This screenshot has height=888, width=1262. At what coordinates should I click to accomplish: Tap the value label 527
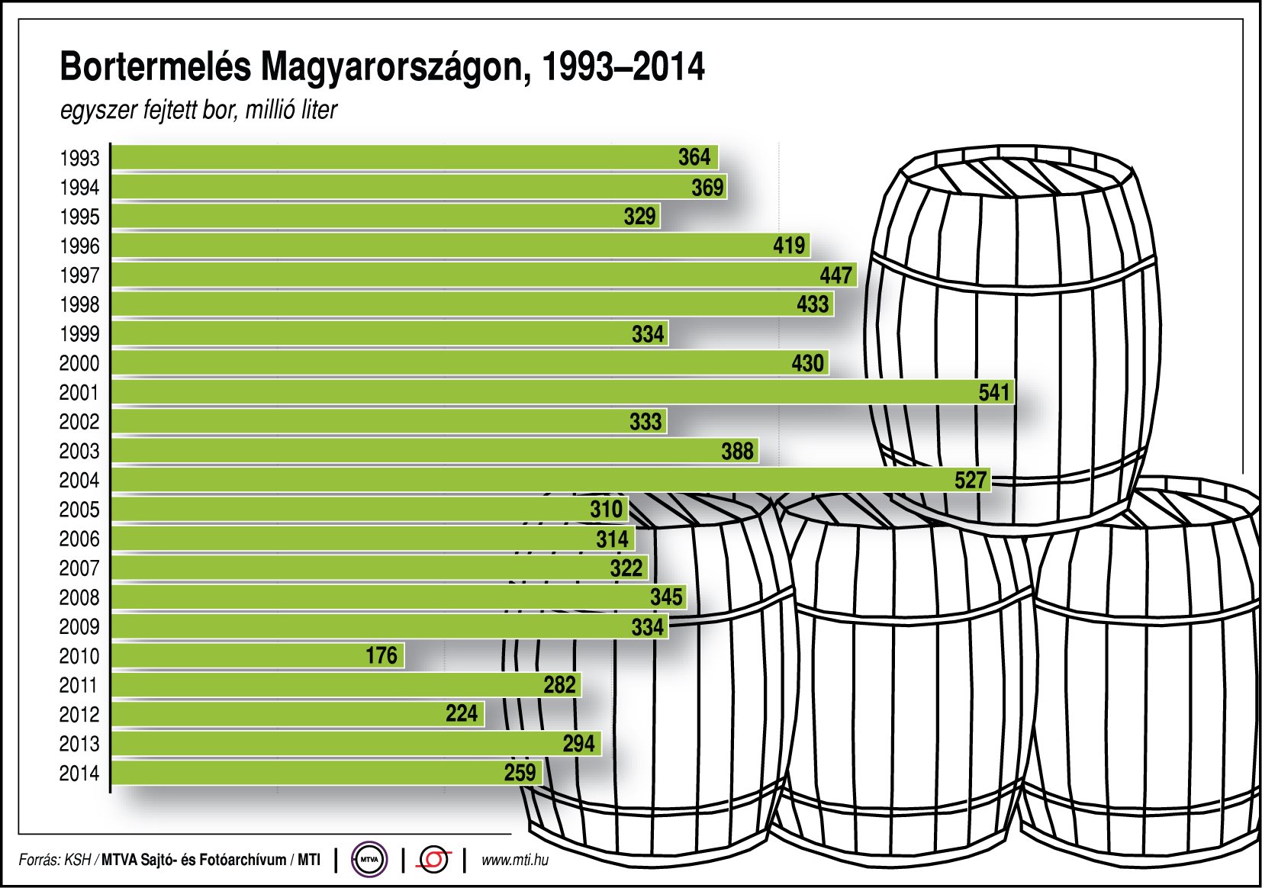coord(971,480)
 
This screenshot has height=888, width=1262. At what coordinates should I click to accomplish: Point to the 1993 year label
coord(79,158)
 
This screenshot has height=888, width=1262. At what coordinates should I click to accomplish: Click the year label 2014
coord(79,773)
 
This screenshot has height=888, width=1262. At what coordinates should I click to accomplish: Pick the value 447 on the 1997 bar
coord(835,275)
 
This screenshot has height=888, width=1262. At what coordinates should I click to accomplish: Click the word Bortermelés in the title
coord(155,67)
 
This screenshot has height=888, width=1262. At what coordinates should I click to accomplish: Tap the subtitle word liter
coord(319,110)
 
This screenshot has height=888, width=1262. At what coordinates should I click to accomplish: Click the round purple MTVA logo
coord(369,860)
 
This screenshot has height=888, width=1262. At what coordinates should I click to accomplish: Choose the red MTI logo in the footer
coord(433,860)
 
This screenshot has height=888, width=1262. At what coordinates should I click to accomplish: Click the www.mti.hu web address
coord(515,861)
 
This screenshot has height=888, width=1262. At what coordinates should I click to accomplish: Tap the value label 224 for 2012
coord(462,714)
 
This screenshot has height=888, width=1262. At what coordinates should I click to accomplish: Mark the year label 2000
coord(79,363)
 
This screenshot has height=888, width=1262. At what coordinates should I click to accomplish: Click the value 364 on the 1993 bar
coord(694,157)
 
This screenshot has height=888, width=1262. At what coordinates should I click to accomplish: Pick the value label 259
coord(520,773)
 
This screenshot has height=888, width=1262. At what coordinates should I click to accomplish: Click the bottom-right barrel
coord(1144,687)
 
